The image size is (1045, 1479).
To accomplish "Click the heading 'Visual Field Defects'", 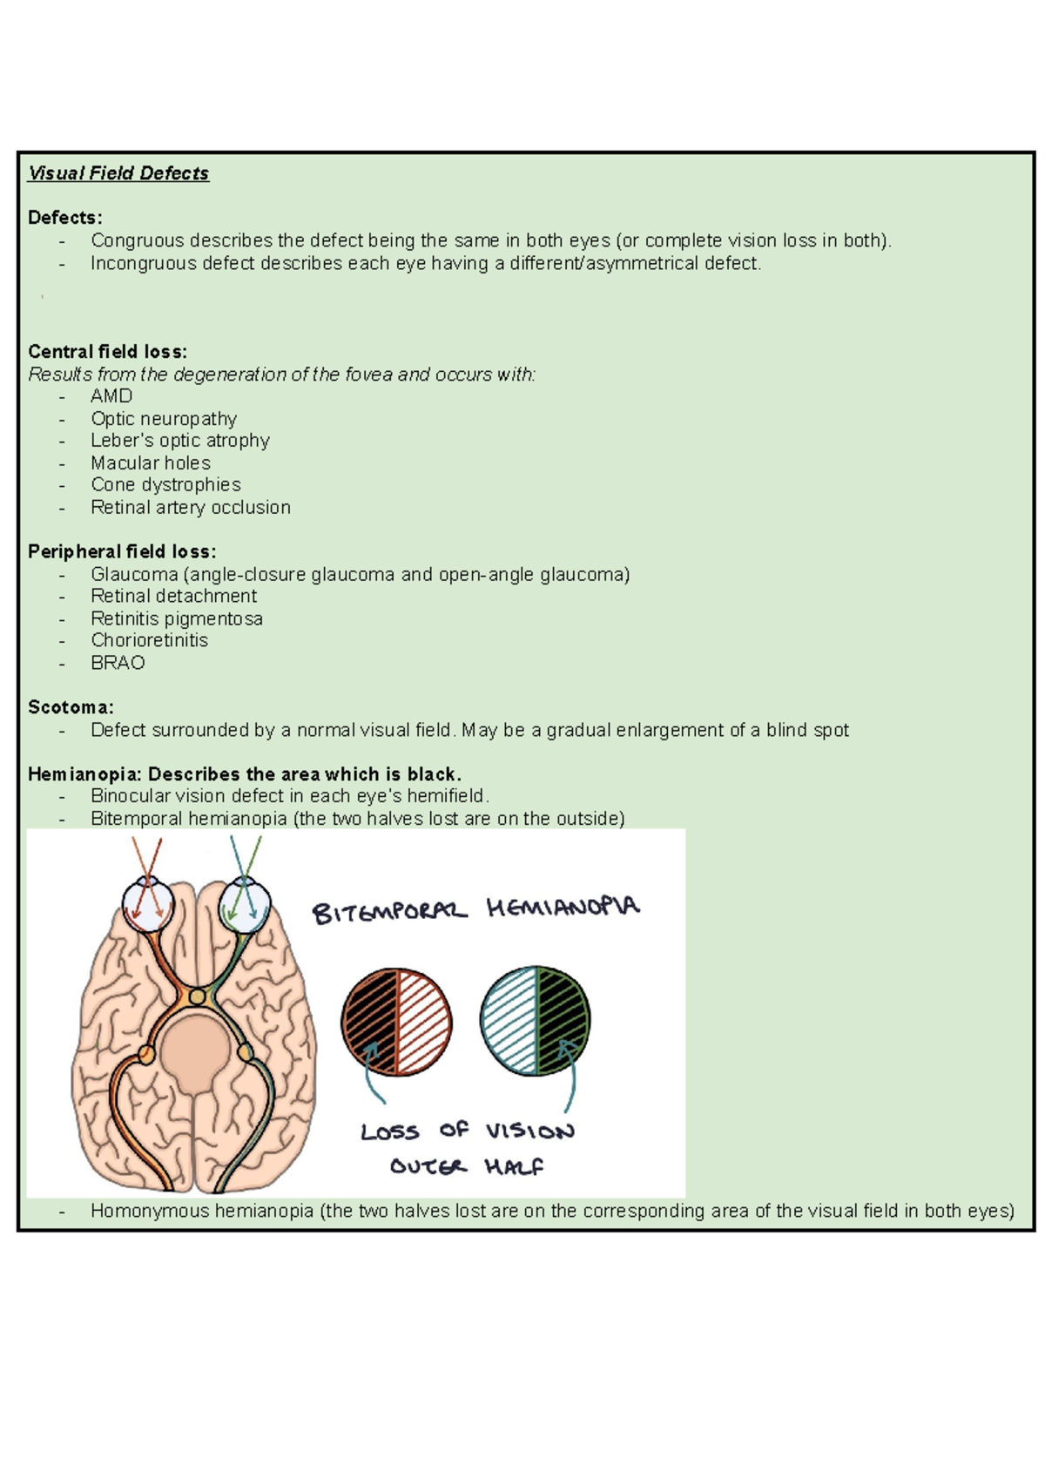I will click(x=118, y=173).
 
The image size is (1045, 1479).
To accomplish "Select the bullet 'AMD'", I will click(x=111, y=396).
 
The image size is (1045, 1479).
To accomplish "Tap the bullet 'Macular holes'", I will click(x=151, y=463).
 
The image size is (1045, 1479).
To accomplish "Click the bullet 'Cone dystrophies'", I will click(x=165, y=485).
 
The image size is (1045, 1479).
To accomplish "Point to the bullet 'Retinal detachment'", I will click(x=173, y=596).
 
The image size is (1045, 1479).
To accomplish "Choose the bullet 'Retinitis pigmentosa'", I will click(x=177, y=618).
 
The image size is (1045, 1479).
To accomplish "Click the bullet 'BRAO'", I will click(x=118, y=663).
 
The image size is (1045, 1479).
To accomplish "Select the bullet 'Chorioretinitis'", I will click(x=149, y=640).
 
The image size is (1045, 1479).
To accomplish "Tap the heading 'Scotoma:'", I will click(x=71, y=707).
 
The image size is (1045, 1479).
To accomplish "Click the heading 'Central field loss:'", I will click(x=107, y=352).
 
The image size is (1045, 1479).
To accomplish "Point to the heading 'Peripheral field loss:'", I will click(x=122, y=551).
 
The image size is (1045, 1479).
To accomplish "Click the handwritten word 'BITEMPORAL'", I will click(x=389, y=911).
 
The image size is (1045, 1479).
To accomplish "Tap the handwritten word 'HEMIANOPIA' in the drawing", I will click(x=563, y=908).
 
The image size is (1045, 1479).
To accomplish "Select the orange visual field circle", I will click(x=396, y=1022).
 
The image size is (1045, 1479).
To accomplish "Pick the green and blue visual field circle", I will click(x=535, y=1020).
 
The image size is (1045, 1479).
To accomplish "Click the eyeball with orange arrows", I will click(x=147, y=905).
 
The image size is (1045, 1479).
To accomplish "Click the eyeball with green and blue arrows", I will click(x=245, y=905).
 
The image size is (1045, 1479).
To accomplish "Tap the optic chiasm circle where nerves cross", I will click(x=198, y=996).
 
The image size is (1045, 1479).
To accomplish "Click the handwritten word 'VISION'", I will click(x=529, y=1131).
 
